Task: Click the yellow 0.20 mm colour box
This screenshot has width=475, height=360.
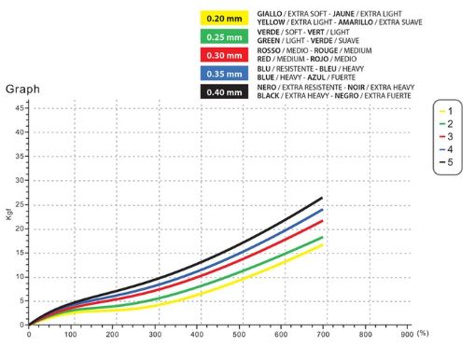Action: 224,18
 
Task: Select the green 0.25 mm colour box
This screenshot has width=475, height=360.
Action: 224,36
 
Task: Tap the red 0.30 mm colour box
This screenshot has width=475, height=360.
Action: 224,55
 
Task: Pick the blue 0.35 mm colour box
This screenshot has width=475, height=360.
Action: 224,74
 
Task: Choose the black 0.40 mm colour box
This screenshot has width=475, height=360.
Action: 224,92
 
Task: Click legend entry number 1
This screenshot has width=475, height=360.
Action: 446,111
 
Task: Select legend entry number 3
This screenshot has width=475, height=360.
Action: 446,136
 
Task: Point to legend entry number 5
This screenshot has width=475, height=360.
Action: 446,162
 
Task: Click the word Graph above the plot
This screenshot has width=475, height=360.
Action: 22,90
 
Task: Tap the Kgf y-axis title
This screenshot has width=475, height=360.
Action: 9,215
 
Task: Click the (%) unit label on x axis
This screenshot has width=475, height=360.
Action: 423,333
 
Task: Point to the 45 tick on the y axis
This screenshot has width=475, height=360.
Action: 20,108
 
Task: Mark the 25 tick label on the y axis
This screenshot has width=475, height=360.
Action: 20,204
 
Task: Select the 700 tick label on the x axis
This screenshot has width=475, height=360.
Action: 323,335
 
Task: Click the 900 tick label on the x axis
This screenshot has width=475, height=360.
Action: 407,335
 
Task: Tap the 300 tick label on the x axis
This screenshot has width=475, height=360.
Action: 155,335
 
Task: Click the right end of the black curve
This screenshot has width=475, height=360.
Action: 322,198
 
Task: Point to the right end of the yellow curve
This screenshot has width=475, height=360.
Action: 322,245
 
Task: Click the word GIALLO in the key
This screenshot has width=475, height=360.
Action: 270,14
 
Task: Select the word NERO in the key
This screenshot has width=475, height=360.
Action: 267,88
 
